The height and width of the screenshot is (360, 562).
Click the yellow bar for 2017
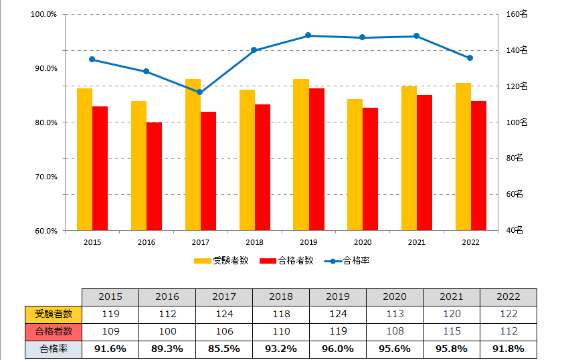coord(193,155)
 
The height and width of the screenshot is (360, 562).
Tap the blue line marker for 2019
coord(308,35)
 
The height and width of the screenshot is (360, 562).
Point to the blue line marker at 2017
coord(199,92)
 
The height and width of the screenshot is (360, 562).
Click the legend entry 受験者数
coord(221,261)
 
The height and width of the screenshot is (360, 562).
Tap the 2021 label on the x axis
coord(416,242)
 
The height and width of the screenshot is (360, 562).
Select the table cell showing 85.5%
coord(224,349)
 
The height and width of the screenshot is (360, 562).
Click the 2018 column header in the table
coord(281,296)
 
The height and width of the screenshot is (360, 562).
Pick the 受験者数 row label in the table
coord(54,314)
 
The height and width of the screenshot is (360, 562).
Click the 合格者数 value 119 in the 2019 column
coord(338,331)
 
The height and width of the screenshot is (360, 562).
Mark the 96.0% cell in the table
coord(338,349)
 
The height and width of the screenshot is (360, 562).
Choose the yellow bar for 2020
coord(355,165)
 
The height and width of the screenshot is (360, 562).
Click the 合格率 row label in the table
coord(54,349)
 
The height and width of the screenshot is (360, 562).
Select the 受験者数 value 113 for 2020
coord(395,314)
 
